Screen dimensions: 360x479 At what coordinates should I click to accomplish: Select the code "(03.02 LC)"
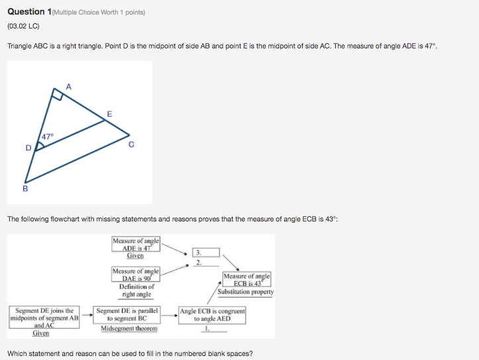coord(24,27)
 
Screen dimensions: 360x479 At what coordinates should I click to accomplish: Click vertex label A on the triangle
coord(68,86)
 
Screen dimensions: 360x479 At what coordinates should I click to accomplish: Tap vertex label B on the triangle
coord(25,188)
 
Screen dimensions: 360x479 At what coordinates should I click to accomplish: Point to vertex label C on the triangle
coord(132,145)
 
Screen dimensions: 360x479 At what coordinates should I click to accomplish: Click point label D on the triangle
coord(28,147)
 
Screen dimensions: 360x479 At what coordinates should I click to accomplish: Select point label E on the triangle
coord(109,114)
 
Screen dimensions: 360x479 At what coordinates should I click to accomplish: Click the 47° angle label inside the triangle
coord(48,137)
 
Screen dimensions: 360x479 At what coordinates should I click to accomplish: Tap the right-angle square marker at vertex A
coord(58,97)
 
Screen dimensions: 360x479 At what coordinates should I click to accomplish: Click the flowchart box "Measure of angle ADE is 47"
coord(136,245)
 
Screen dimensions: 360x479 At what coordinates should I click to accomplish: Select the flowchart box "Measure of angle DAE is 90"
coord(136,274)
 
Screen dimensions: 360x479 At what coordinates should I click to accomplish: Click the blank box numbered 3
coord(197,252)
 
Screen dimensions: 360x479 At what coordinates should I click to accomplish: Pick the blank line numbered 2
coord(197,263)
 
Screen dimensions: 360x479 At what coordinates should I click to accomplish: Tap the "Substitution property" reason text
coord(246,292)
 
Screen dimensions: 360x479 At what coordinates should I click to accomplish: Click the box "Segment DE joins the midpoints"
coord(44,318)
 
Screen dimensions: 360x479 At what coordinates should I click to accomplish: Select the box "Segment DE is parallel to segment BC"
coord(128,314)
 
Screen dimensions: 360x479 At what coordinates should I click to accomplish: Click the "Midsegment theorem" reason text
coord(129,328)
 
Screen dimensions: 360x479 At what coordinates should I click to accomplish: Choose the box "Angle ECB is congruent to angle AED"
coord(213,314)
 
